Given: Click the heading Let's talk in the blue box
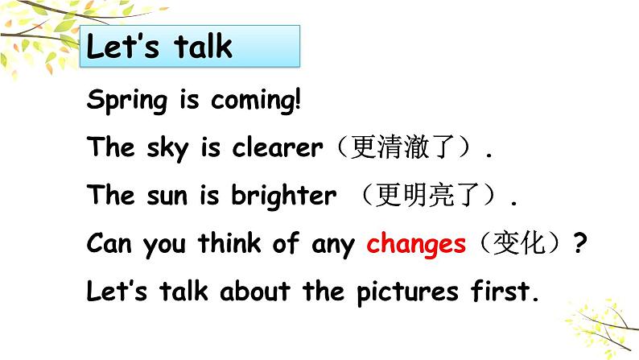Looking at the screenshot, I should click(159, 47).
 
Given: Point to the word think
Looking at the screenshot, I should click(229, 244).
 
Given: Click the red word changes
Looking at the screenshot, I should click(416, 244).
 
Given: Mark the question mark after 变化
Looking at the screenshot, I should click(577, 244).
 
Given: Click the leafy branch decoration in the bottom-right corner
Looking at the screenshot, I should click(600, 323).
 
